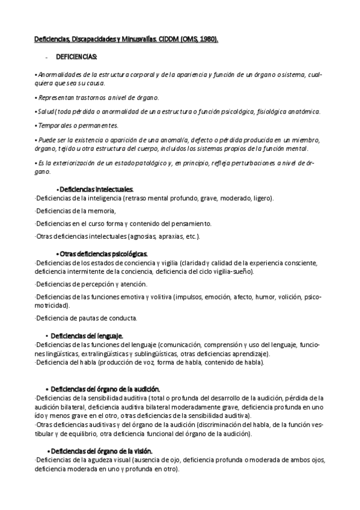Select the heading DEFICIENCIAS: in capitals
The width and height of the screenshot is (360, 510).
point(76,57)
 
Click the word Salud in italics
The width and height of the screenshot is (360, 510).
point(46,111)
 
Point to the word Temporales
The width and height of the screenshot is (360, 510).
point(55,125)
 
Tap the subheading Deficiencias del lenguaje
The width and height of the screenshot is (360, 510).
point(87,335)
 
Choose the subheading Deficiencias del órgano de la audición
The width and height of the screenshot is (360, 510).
point(105,389)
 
